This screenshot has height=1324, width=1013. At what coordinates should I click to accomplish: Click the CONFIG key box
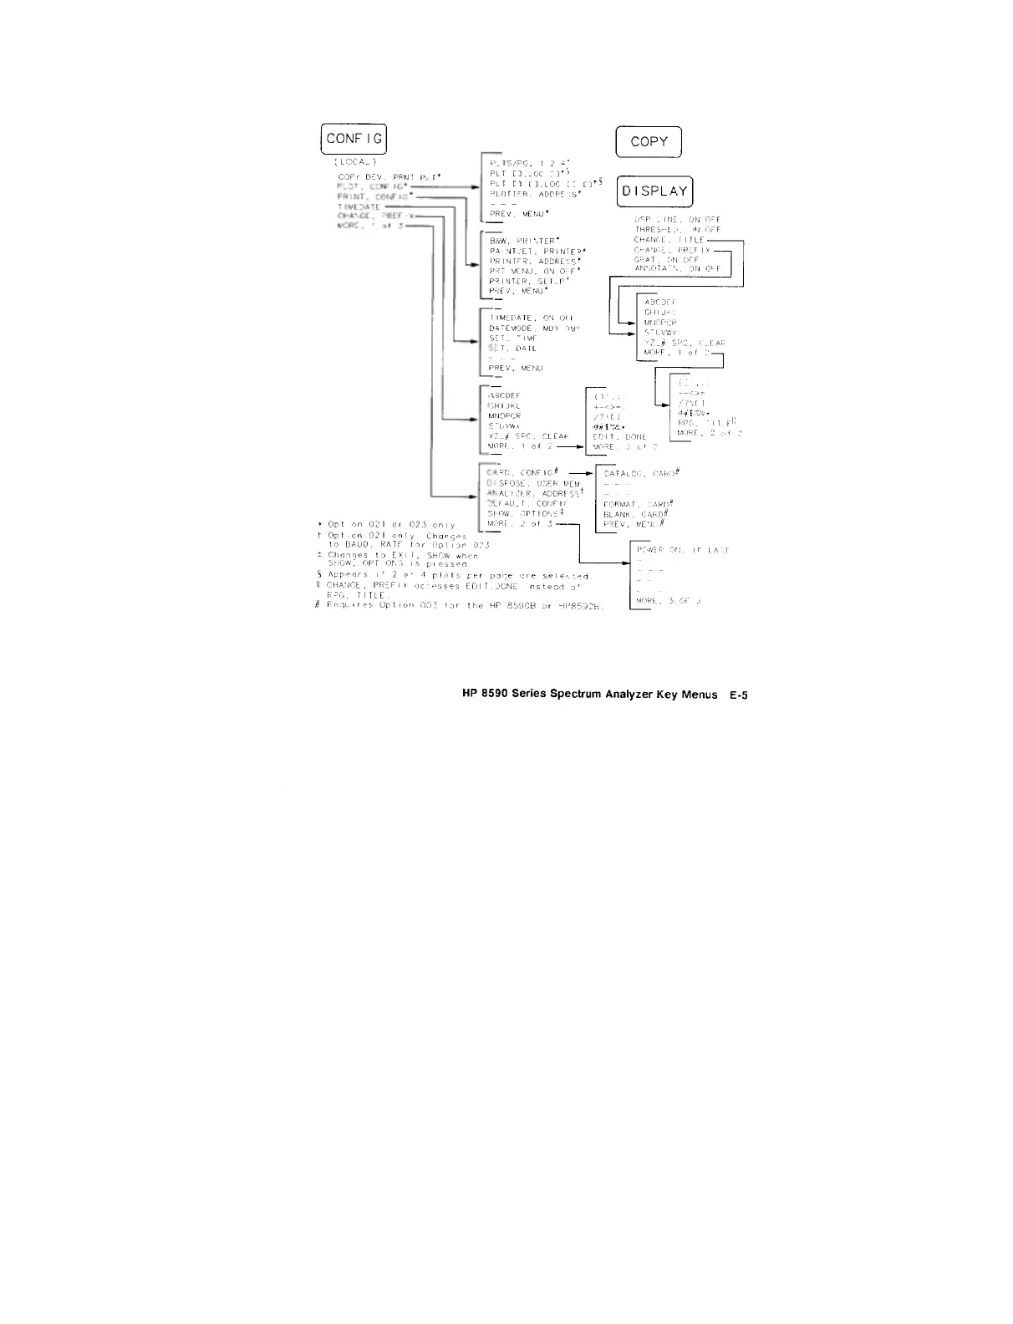[x=354, y=139]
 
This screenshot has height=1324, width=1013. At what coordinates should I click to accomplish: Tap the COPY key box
[x=649, y=141]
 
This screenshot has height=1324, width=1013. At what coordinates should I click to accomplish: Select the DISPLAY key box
[x=654, y=191]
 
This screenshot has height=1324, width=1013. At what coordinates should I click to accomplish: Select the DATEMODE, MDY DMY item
[x=534, y=328]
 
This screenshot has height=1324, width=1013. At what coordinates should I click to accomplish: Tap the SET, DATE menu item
[x=512, y=349]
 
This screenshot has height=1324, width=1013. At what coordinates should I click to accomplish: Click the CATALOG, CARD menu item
[x=641, y=473]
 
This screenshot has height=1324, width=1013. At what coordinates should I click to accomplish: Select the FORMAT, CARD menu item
[x=639, y=504]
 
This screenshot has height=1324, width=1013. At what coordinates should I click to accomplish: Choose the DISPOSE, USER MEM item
[x=533, y=484]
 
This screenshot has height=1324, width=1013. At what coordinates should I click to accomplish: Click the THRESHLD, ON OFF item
[x=677, y=229]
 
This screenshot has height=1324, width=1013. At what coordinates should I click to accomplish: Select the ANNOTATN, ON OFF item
[x=677, y=268]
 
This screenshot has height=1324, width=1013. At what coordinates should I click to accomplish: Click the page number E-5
[x=737, y=695]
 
